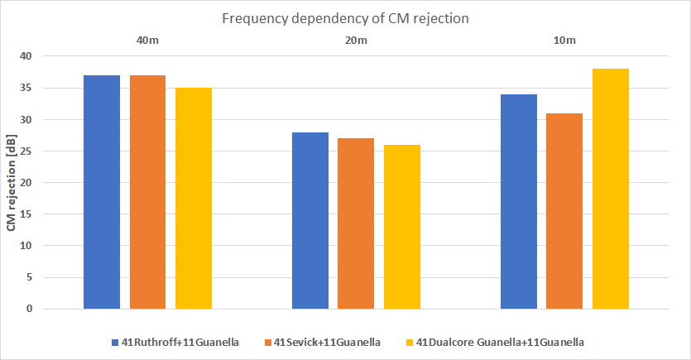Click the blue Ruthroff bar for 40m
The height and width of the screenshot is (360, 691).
102,192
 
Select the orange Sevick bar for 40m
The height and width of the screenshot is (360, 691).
147,192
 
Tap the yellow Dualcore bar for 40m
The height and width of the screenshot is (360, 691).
193,199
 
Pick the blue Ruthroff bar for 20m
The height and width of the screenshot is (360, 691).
310,220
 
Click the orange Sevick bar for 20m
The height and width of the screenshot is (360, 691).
356,223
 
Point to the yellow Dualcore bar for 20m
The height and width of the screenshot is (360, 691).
401,227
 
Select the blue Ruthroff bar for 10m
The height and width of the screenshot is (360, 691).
519,201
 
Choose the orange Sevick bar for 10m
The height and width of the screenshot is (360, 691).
564,211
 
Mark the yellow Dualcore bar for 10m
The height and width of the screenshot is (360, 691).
610,189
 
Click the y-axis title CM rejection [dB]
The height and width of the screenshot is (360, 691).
12,183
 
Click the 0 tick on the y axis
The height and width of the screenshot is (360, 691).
29,309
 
